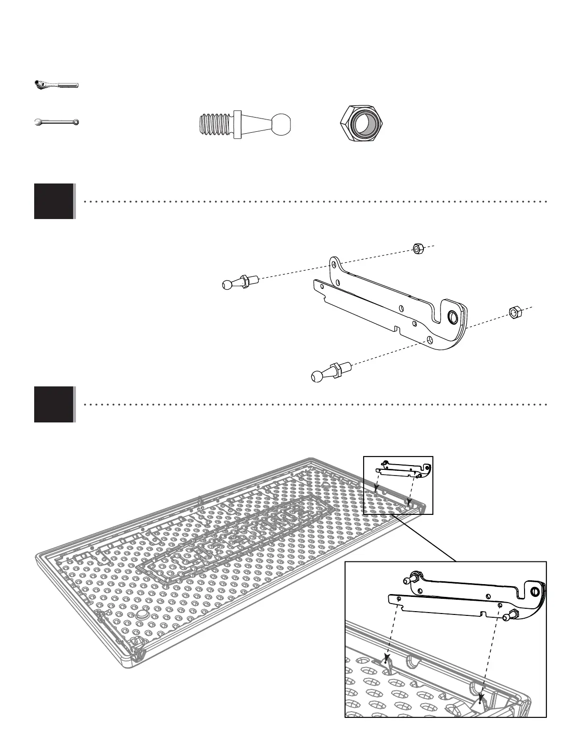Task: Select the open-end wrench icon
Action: pyautogui.click(x=56, y=122)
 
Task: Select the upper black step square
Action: pyautogui.click(x=54, y=201)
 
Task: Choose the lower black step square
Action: pyautogui.click(x=54, y=404)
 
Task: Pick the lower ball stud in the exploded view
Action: pyautogui.click(x=329, y=371)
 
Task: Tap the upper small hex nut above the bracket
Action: pyautogui.click(x=418, y=248)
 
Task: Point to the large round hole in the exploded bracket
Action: pyautogui.click(x=452, y=317)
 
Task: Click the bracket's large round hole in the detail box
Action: pyautogui.click(x=535, y=591)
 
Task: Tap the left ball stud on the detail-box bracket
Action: pyautogui.click(x=410, y=579)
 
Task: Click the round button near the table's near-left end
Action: pyautogui.click(x=142, y=615)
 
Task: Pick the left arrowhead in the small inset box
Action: pyautogui.click(x=375, y=487)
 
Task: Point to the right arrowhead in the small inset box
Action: pyautogui.click(x=408, y=502)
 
